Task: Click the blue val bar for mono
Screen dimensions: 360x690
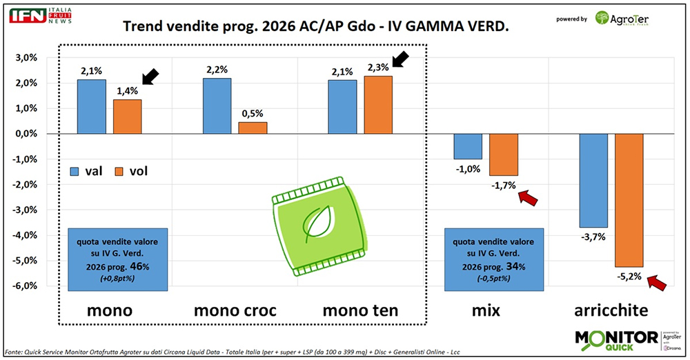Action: [92, 107]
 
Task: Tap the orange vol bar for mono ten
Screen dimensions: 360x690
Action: [379, 105]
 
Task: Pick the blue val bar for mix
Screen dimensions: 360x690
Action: [468, 146]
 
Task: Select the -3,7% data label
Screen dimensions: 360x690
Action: [593, 237]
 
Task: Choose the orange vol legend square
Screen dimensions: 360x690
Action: [119, 170]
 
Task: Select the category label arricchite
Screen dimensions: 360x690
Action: [609, 311]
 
